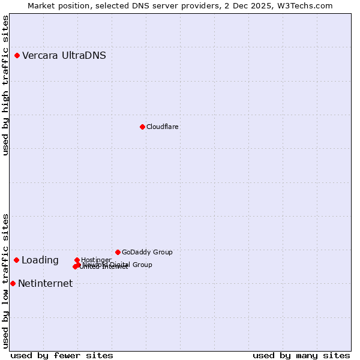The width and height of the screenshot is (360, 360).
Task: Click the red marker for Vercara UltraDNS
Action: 17,56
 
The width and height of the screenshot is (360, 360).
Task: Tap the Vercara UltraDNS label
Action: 64,56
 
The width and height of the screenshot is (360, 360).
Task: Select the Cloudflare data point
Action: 142,127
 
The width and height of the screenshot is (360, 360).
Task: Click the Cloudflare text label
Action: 163,127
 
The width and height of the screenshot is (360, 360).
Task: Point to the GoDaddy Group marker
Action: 118,252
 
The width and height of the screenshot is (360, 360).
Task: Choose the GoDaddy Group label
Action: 147,252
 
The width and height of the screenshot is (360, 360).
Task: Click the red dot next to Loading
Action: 17,260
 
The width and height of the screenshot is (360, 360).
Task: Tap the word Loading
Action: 40,260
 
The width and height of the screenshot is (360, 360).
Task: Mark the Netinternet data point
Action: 13,283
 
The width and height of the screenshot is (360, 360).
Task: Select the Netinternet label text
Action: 46,284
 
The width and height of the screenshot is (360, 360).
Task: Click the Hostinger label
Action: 96,260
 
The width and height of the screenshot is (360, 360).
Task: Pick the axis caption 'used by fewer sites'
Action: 62,355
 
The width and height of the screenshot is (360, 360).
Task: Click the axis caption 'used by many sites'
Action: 301,355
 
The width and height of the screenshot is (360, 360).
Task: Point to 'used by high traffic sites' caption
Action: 6,85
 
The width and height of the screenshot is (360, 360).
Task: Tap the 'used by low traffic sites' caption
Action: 6,280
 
